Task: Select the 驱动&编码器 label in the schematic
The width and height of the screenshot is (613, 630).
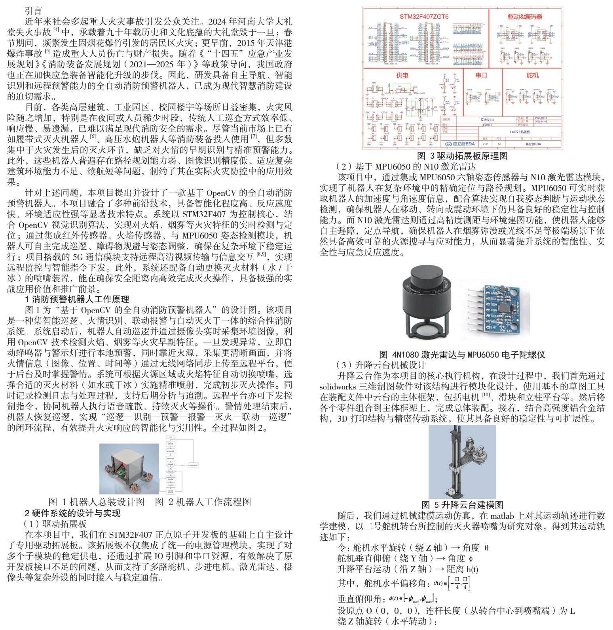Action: [x=525, y=17]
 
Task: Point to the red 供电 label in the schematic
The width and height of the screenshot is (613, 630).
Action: [x=402, y=75]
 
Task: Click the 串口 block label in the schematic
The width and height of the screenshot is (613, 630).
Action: [x=481, y=75]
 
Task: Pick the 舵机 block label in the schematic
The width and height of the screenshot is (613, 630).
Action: [x=533, y=75]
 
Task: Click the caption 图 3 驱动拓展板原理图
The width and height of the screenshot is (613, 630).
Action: [x=462, y=156]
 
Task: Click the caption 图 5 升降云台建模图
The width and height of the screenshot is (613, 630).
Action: [x=462, y=504]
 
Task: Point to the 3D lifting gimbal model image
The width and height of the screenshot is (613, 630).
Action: [x=462, y=461]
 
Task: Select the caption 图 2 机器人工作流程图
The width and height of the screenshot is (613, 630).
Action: [x=203, y=502]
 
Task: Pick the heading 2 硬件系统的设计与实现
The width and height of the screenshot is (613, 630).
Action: [x=72, y=513]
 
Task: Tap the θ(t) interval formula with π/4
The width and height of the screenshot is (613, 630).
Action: [x=452, y=583]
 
